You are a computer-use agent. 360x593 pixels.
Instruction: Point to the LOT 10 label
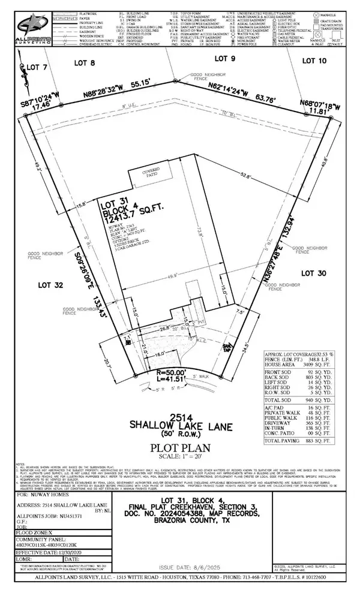pos(316,61)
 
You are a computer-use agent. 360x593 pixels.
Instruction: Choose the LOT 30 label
pos(315,273)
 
